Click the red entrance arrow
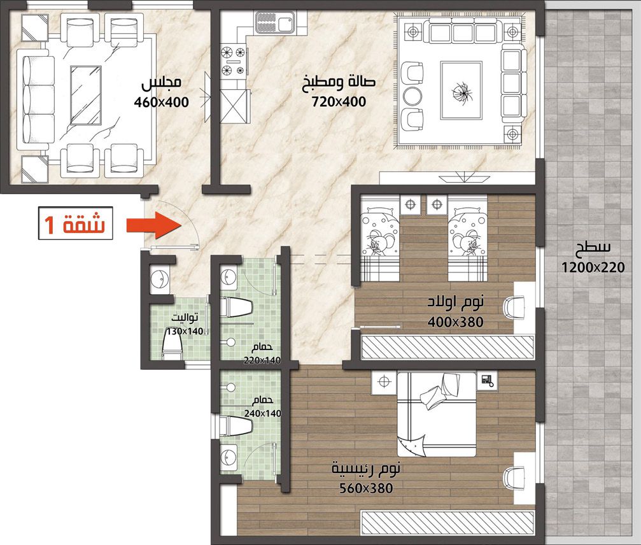click(x=154, y=225)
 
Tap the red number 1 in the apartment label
click(x=50, y=224)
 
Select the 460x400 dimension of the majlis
click(x=162, y=102)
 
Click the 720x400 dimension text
click(x=339, y=101)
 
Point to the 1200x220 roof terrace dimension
click(x=593, y=267)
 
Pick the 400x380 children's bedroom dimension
click(x=455, y=322)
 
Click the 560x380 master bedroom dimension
click(x=366, y=488)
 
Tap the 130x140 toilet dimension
click(x=185, y=331)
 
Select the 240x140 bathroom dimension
click(x=263, y=413)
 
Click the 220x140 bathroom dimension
click(x=262, y=360)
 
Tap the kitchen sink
click(x=274, y=22)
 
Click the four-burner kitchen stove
click(x=234, y=61)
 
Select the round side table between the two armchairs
click(x=412, y=97)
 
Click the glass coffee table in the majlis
click(x=85, y=95)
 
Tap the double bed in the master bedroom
click(x=437, y=414)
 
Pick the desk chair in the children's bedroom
click(x=514, y=308)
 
